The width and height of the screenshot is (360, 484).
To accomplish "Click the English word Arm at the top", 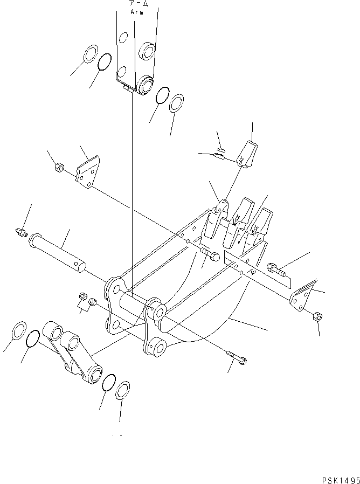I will (x=137, y=11).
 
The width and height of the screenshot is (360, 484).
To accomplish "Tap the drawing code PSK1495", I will (x=338, y=478).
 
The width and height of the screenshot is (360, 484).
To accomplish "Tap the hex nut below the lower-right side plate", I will (x=317, y=316).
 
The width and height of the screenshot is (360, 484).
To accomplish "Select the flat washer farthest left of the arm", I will (x=91, y=55).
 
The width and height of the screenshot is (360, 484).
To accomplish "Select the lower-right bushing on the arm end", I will (x=144, y=84).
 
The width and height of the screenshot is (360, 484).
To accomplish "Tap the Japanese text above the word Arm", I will (x=137, y=3).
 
